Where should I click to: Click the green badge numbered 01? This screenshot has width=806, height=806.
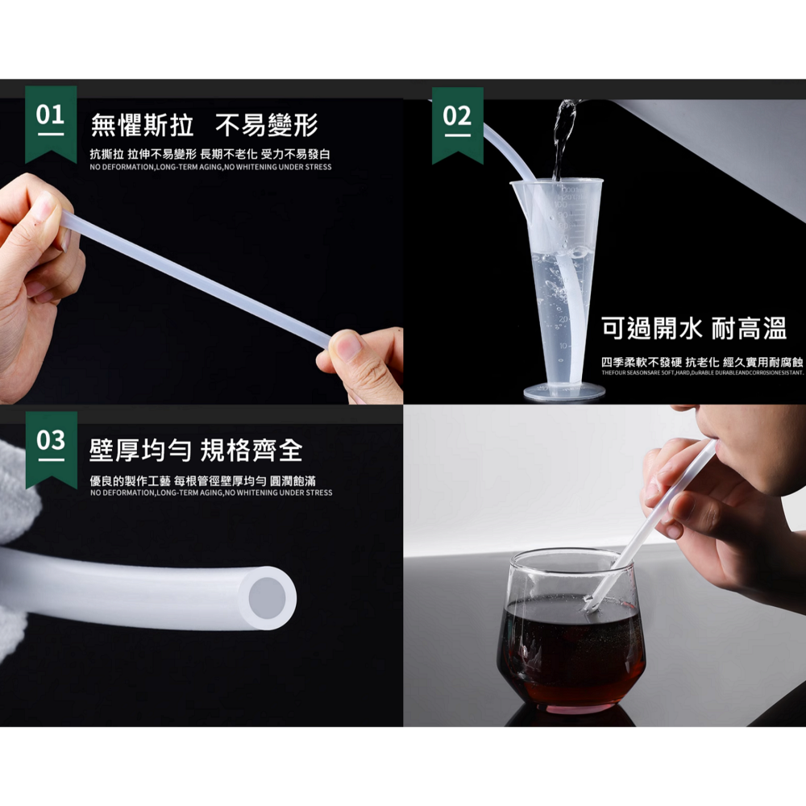coord(51,120)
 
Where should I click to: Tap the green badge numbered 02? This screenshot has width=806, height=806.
coord(457,121)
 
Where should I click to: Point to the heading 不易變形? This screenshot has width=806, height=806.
coord(267,126)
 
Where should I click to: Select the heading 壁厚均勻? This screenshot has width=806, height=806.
coord(138,451)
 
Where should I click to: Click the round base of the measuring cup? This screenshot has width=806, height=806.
coord(564,393)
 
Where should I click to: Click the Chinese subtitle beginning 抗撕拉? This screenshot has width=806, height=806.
coord(210,154)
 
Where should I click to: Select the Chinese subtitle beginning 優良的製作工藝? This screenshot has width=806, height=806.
coord(210,480)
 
